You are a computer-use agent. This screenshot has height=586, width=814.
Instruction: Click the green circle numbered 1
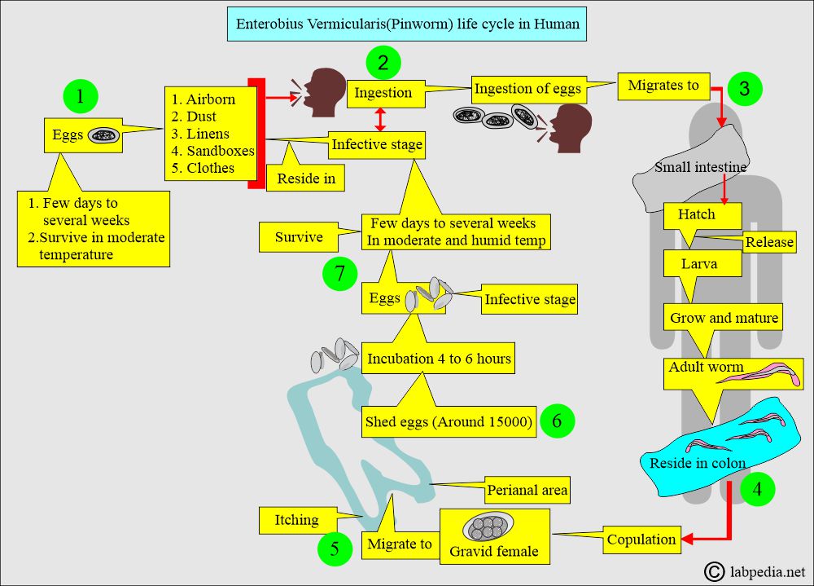(x=80, y=96)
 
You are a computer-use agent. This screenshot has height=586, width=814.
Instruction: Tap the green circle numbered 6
(x=556, y=421)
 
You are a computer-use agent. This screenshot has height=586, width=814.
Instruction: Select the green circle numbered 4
(x=757, y=490)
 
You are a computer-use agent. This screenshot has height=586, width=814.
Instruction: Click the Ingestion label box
(x=383, y=93)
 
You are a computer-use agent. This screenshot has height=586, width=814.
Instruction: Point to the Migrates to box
(x=663, y=86)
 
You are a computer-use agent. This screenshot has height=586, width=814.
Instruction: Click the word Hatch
(x=696, y=215)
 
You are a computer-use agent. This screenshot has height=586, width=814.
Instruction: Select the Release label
(x=769, y=243)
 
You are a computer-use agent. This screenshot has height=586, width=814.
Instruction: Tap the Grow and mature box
(x=724, y=318)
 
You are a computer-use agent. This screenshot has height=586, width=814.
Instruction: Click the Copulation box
(x=641, y=539)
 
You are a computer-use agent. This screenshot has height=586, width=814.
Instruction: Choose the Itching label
(x=296, y=519)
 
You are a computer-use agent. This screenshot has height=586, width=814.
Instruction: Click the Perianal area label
(x=527, y=490)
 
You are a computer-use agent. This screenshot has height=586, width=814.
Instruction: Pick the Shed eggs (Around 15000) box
(x=449, y=421)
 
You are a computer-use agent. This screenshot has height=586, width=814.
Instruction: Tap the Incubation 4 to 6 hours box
(x=439, y=358)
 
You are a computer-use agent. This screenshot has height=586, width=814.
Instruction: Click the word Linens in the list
(x=208, y=134)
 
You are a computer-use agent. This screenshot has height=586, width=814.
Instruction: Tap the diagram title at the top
(x=408, y=24)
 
